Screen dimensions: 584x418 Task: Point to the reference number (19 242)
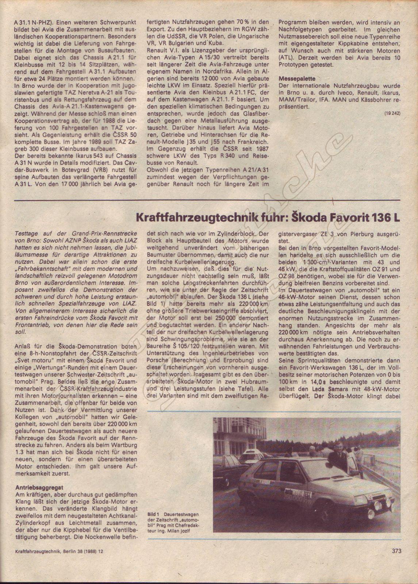(392, 113)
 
